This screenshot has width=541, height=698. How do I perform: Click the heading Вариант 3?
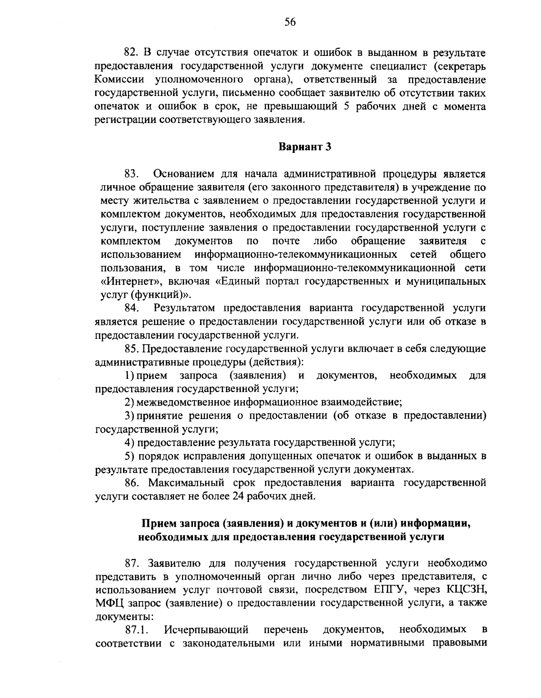[x=305, y=147]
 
